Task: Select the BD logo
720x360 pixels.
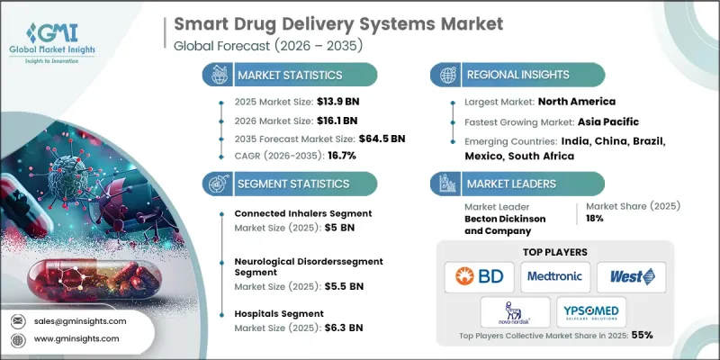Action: coord(478,277)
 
